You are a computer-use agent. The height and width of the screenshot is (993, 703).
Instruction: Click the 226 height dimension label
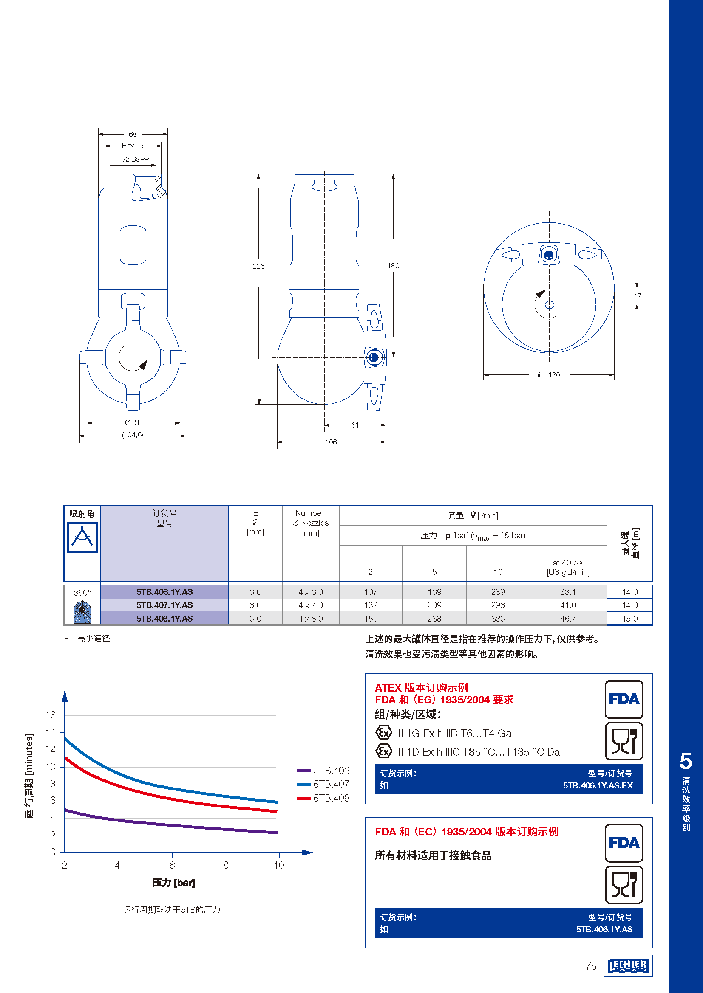tap(258, 266)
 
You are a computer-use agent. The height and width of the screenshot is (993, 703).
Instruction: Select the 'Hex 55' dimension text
tap(133, 146)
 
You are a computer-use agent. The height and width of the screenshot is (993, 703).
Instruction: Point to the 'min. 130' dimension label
tap(546, 375)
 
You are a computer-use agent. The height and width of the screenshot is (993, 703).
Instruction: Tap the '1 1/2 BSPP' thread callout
tap(131, 159)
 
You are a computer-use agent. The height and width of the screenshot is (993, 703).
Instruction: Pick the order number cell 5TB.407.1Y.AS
tap(164, 605)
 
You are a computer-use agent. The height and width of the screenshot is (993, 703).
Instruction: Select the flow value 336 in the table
tap(498, 619)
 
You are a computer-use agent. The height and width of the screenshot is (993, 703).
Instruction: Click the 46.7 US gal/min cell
tap(568, 619)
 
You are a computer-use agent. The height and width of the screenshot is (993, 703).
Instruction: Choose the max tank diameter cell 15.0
tap(630, 619)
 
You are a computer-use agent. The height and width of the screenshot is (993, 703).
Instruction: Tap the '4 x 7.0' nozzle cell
tap(310, 605)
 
